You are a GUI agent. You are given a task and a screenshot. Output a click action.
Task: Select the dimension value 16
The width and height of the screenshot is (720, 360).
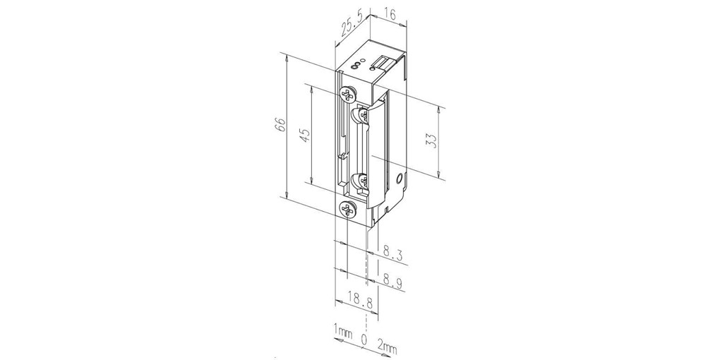390,14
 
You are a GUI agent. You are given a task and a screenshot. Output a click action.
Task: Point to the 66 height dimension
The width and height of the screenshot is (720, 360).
281,125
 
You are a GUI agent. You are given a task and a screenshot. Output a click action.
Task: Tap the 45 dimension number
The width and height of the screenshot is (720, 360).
306,134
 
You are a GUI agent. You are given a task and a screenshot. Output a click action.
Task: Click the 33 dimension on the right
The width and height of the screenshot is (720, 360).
431,140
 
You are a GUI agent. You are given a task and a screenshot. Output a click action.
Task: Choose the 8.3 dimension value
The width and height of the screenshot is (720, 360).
393,253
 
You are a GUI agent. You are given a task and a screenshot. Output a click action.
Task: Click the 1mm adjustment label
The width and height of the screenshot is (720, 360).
343,332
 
